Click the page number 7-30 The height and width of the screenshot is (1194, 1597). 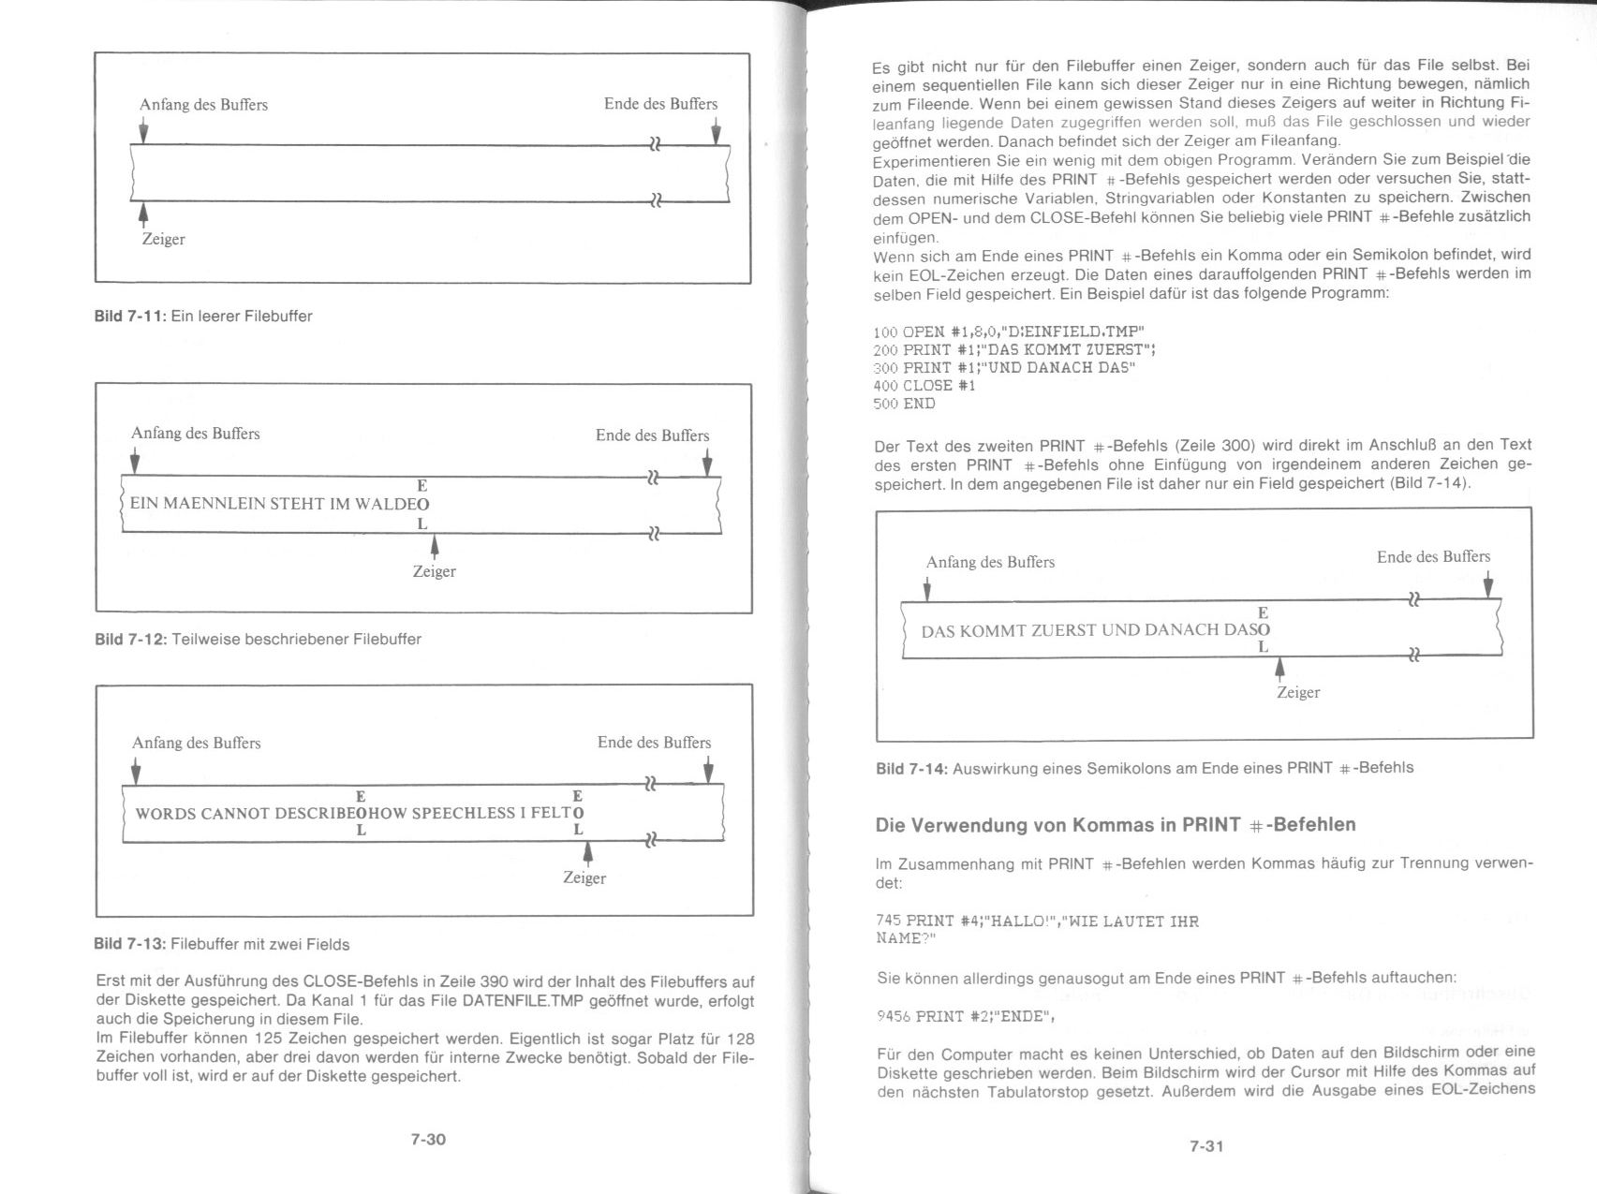[428, 1140]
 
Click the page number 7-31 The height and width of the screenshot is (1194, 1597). [1206, 1146]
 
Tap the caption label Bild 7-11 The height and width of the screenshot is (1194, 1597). [129, 317]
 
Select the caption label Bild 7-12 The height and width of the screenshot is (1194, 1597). [130, 640]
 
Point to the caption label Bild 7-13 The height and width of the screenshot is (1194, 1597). [129, 944]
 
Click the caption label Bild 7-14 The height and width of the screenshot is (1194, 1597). [911, 769]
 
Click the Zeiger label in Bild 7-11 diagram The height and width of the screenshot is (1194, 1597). [163, 240]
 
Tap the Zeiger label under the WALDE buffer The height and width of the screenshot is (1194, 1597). [434, 571]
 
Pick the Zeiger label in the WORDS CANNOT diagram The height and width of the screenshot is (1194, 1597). [584, 878]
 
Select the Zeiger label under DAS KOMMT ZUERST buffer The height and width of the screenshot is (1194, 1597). [1297, 693]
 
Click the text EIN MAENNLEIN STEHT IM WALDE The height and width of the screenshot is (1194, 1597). [273, 504]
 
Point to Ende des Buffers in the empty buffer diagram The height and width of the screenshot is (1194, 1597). [660, 104]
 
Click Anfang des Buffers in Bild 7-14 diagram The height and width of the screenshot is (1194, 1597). [990, 563]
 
